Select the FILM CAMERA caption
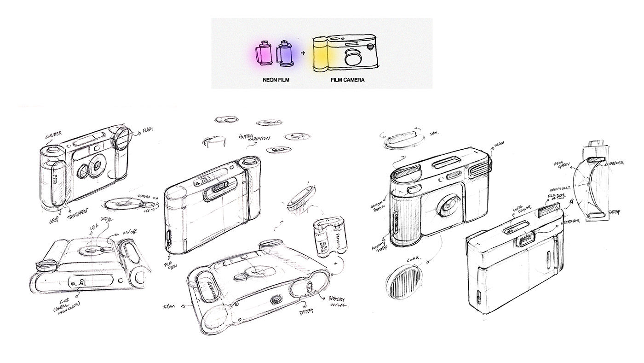[x=347, y=80]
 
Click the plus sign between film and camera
[x=303, y=53]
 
